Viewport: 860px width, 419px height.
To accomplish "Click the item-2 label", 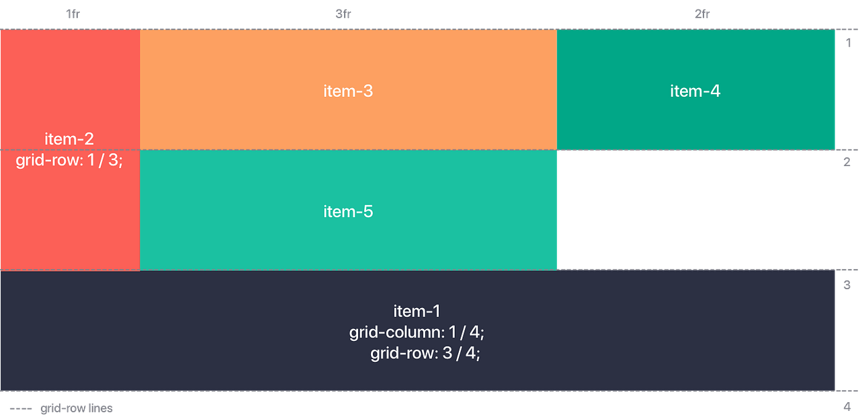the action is click(x=69, y=139).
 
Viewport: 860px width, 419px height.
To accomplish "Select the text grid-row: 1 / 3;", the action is click(x=69, y=161).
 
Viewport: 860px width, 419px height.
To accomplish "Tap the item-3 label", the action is click(x=348, y=91).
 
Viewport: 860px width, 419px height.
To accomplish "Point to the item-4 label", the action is click(x=695, y=91).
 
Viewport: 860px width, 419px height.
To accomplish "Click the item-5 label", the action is click(x=348, y=211).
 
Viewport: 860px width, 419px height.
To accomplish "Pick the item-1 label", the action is click(x=417, y=311).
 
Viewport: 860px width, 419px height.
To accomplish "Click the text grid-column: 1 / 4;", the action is click(x=417, y=332).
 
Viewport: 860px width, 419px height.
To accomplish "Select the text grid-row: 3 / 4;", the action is click(x=425, y=353).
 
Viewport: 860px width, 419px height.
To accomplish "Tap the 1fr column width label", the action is click(x=73, y=14).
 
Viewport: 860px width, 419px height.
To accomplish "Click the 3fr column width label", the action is click(x=343, y=14).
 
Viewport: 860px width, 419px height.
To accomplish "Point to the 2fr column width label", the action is click(x=701, y=14).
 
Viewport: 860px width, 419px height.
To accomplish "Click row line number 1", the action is click(x=848, y=42).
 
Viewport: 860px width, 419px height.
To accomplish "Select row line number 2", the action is click(x=848, y=161).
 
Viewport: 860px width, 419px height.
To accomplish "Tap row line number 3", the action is click(x=848, y=284).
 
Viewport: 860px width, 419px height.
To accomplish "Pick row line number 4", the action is click(x=848, y=406).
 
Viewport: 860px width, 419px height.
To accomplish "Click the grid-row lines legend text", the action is click(x=76, y=408).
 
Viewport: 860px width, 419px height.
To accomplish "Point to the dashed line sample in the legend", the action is click(x=20, y=409).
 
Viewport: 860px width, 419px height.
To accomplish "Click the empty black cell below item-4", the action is click(x=697, y=208).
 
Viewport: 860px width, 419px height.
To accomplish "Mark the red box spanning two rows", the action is click(x=69, y=215).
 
